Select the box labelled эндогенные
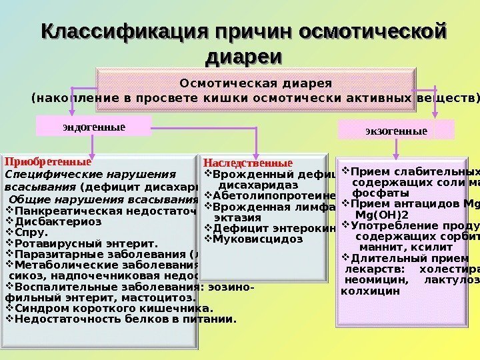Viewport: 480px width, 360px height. tap(94, 125)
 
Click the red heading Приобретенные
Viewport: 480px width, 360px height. tap(47, 161)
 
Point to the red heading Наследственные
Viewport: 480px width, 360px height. tap(247, 163)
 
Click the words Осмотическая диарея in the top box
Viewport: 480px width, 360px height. tap(256, 83)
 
